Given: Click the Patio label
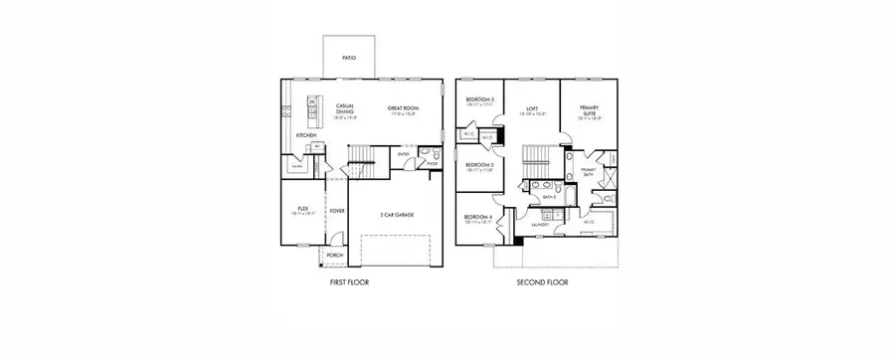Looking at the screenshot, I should [349, 59].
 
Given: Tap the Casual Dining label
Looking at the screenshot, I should [346, 108].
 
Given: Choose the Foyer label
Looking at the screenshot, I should [337, 210].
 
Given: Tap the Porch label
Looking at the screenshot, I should [335, 255].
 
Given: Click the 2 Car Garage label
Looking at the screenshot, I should [395, 214].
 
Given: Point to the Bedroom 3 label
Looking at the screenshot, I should [480, 100].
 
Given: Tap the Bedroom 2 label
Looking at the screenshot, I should [479, 165].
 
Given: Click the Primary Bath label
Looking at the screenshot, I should [589, 170].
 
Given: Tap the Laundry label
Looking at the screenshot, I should [540, 225].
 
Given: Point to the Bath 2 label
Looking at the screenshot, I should [548, 197].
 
